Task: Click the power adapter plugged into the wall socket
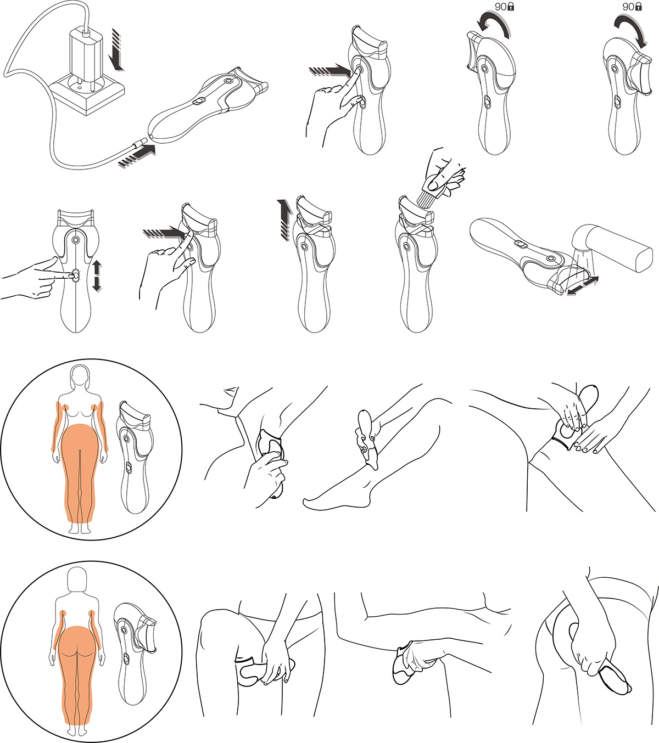point(86,59)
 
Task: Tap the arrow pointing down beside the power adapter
point(118,49)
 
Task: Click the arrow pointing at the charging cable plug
point(137,156)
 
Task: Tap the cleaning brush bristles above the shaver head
point(426,200)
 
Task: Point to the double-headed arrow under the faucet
point(582,286)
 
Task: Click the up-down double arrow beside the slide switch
point(97,276)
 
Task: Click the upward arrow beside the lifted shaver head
point(283,219)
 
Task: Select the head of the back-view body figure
point(77,579)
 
